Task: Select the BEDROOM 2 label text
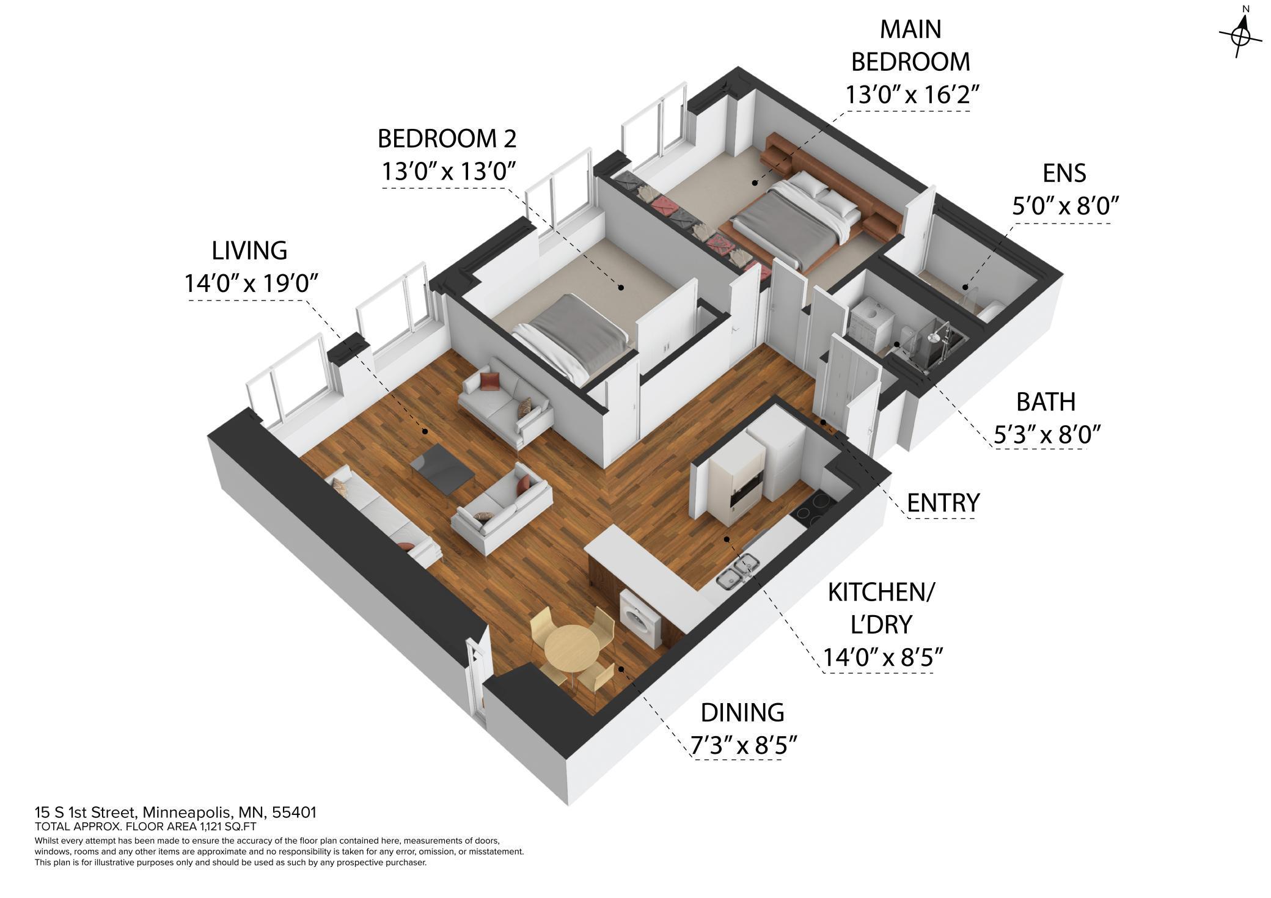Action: pyautogui.click(x=447, y=139)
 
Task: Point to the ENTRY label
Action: pyautogui.click(x=943, y=503)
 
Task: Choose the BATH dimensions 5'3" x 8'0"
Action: pyautogui.click(x=1047, y=434)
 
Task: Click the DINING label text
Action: pyautogui.click(x=742, y=713)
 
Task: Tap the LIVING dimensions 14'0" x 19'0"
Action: pyautogui.click(x=252, y=283)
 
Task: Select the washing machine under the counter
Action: pyautogui.click(x=640, y=618)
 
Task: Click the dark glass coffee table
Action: pyautogui.click(x=442, y=467)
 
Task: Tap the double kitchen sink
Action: pyautogui.click(x=738, y=572)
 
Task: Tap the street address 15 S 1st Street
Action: pyautogui.click(x=175, y=812)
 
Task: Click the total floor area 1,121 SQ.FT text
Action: pyautogui.click(x=145, y=827)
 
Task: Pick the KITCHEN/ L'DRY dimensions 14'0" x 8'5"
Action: pyautogui.click(x=882, y=657)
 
